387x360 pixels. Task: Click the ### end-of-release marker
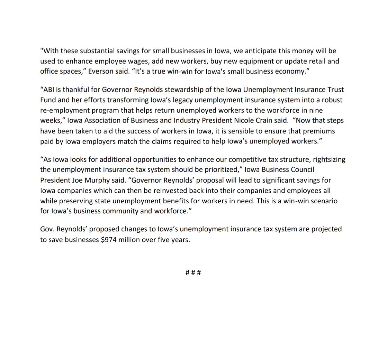tap(193, 273)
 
